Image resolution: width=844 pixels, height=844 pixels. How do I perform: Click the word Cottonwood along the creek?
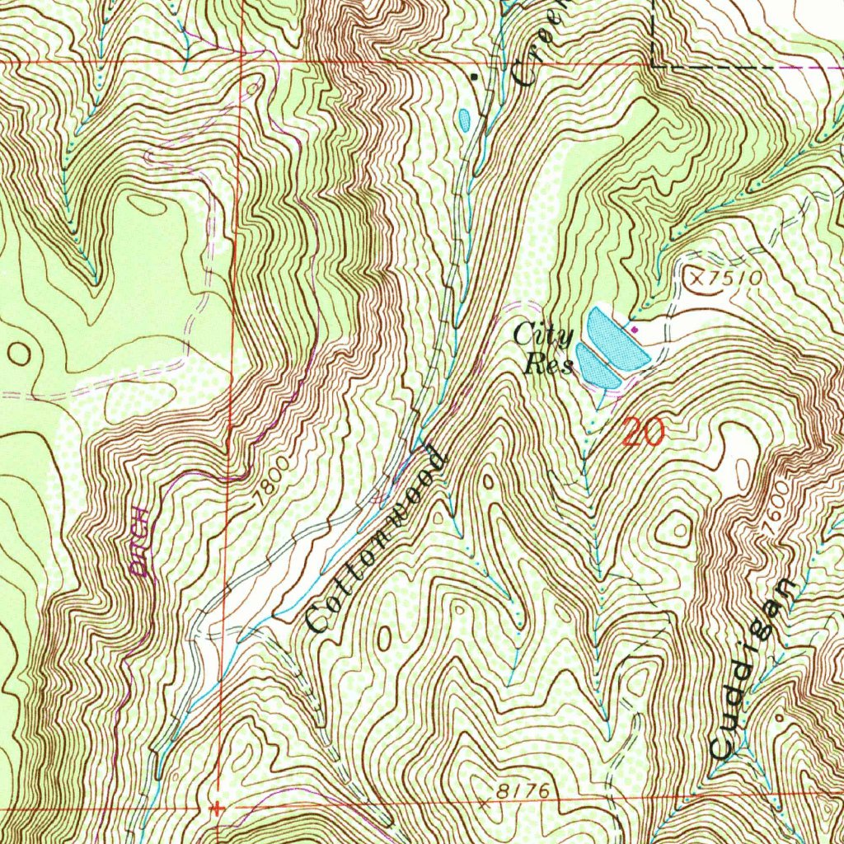pyautogui.click(x=376, y=540)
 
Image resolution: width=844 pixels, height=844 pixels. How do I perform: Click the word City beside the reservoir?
pyautogui.click(x=543, y=335)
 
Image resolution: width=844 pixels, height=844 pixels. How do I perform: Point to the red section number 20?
pyautogui.click(x=643, y=432)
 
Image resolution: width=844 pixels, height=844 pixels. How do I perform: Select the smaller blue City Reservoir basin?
pyautogui.click(x=597, y=368)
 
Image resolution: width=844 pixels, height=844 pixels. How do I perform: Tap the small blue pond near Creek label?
pyautogui.click(x=464, y=121)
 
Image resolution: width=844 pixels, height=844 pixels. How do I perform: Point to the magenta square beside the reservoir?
pyautogui.click(x=635, y=330)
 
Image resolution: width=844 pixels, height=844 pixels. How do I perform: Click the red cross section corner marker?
pyautogui.click(x=217, y=809)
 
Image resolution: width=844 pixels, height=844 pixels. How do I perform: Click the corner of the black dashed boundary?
pyautogui.click(x=654, y=64)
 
